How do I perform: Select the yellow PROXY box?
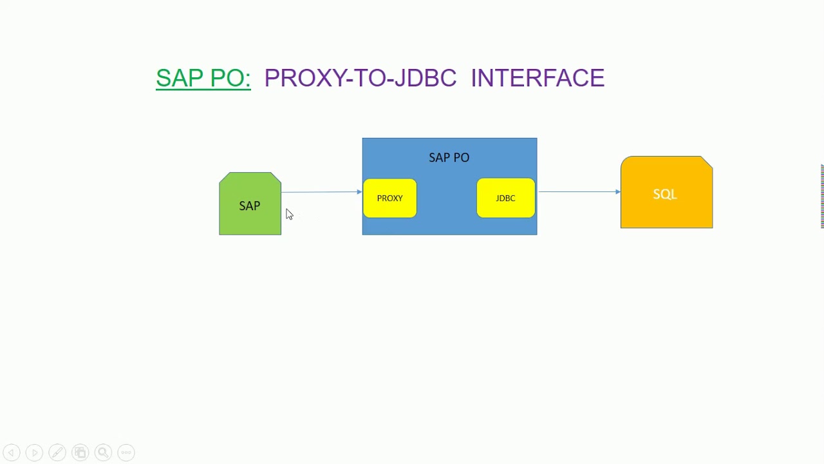[x=389, y=198]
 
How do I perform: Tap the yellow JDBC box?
[x=505, y=198]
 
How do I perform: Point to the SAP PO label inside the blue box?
[x=449, y=158]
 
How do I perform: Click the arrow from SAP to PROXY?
[x=321, y=192]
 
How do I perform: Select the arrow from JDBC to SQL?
[x=578, y=191]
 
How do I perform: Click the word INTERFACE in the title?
[x=538, y=78]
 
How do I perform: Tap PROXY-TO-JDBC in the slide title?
[x=360, y=78]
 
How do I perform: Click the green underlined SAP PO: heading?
[x=203, y=78]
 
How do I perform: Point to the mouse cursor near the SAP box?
[x=288, y=214]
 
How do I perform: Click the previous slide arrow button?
[x=12, y=452]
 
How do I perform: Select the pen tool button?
[x=57, y=452]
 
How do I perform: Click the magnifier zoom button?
[x=103, y=452]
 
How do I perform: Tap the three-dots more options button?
[x=126, y=452]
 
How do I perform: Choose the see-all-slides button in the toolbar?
[x=80, y=452]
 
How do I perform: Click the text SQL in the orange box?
[x=665, y=194]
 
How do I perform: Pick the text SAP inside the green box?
[x=250, y=206]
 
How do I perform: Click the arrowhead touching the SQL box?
[x=617, y=191]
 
